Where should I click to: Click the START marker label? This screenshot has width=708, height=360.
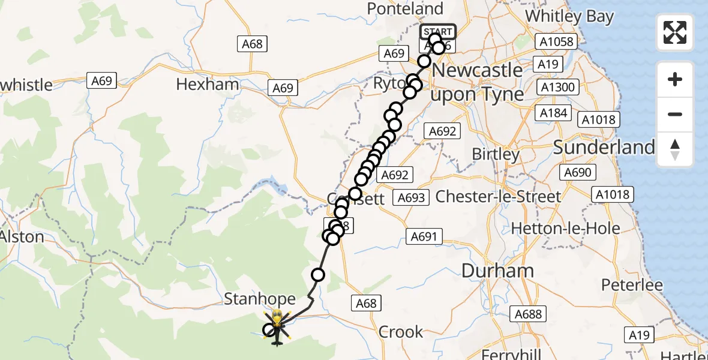click(x=438, y=32)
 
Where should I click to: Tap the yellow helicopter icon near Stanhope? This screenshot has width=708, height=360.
click(x=277, y=319)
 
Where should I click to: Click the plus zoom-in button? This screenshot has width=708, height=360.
click(x=675, y=80)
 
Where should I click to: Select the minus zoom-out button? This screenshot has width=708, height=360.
click(x=675, y=114)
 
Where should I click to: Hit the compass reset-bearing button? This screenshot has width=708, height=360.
click(x=675, y=149)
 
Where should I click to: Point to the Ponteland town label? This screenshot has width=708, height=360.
click(x=406, y=9)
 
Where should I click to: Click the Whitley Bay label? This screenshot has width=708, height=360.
click(x=569, y=16)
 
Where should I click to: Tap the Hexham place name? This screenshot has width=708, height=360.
click(x=208, y=85)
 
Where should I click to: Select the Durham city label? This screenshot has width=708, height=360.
click(x=498, y=271)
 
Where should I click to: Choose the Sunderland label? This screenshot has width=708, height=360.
click(x=604, y=147)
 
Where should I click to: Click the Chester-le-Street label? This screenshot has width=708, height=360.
click(x=499, y=196)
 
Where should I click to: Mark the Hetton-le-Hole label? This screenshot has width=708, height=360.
click(x=566, y=228)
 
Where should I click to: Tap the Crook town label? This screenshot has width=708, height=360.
click(x=401, y=332)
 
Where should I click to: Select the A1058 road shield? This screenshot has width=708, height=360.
click(x=557, y=41)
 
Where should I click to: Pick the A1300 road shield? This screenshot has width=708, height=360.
click(x=557, y=88)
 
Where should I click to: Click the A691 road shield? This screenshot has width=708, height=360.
click(x=424, y=236)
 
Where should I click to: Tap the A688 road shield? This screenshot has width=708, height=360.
click(x=528, y=313)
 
